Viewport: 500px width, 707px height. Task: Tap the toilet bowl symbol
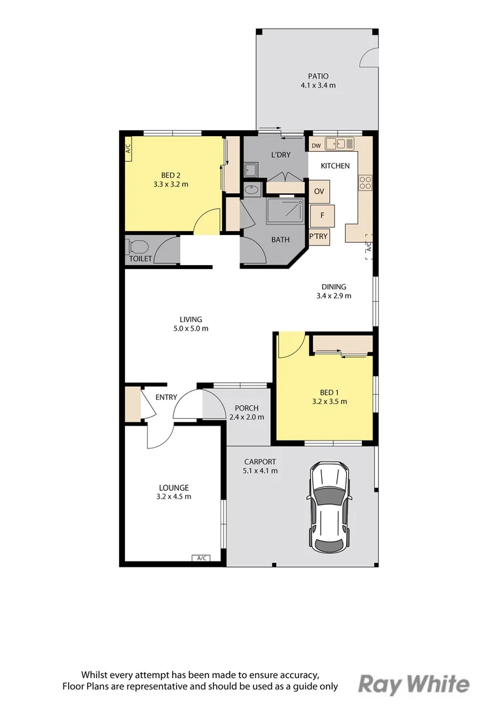[138, 247]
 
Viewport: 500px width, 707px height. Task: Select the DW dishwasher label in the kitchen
[316, 145]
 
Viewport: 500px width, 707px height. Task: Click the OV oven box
[319, 191]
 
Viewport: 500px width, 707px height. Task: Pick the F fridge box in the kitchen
[322, 215]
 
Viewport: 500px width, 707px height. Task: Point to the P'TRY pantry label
[319, 236]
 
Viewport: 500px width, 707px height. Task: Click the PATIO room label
[317, 76]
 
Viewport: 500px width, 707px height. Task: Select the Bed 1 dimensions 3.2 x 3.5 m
[329, 402]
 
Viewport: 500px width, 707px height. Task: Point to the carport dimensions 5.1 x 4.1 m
[260, 470]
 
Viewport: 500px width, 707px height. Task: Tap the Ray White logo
[414, 684]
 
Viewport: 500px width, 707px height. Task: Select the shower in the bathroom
[284, 211]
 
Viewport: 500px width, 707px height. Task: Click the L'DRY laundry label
[280, 155]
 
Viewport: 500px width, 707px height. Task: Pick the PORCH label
[247, 408]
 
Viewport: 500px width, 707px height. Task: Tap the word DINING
[333, 286]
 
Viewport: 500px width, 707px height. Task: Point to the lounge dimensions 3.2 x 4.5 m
[174, 496]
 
